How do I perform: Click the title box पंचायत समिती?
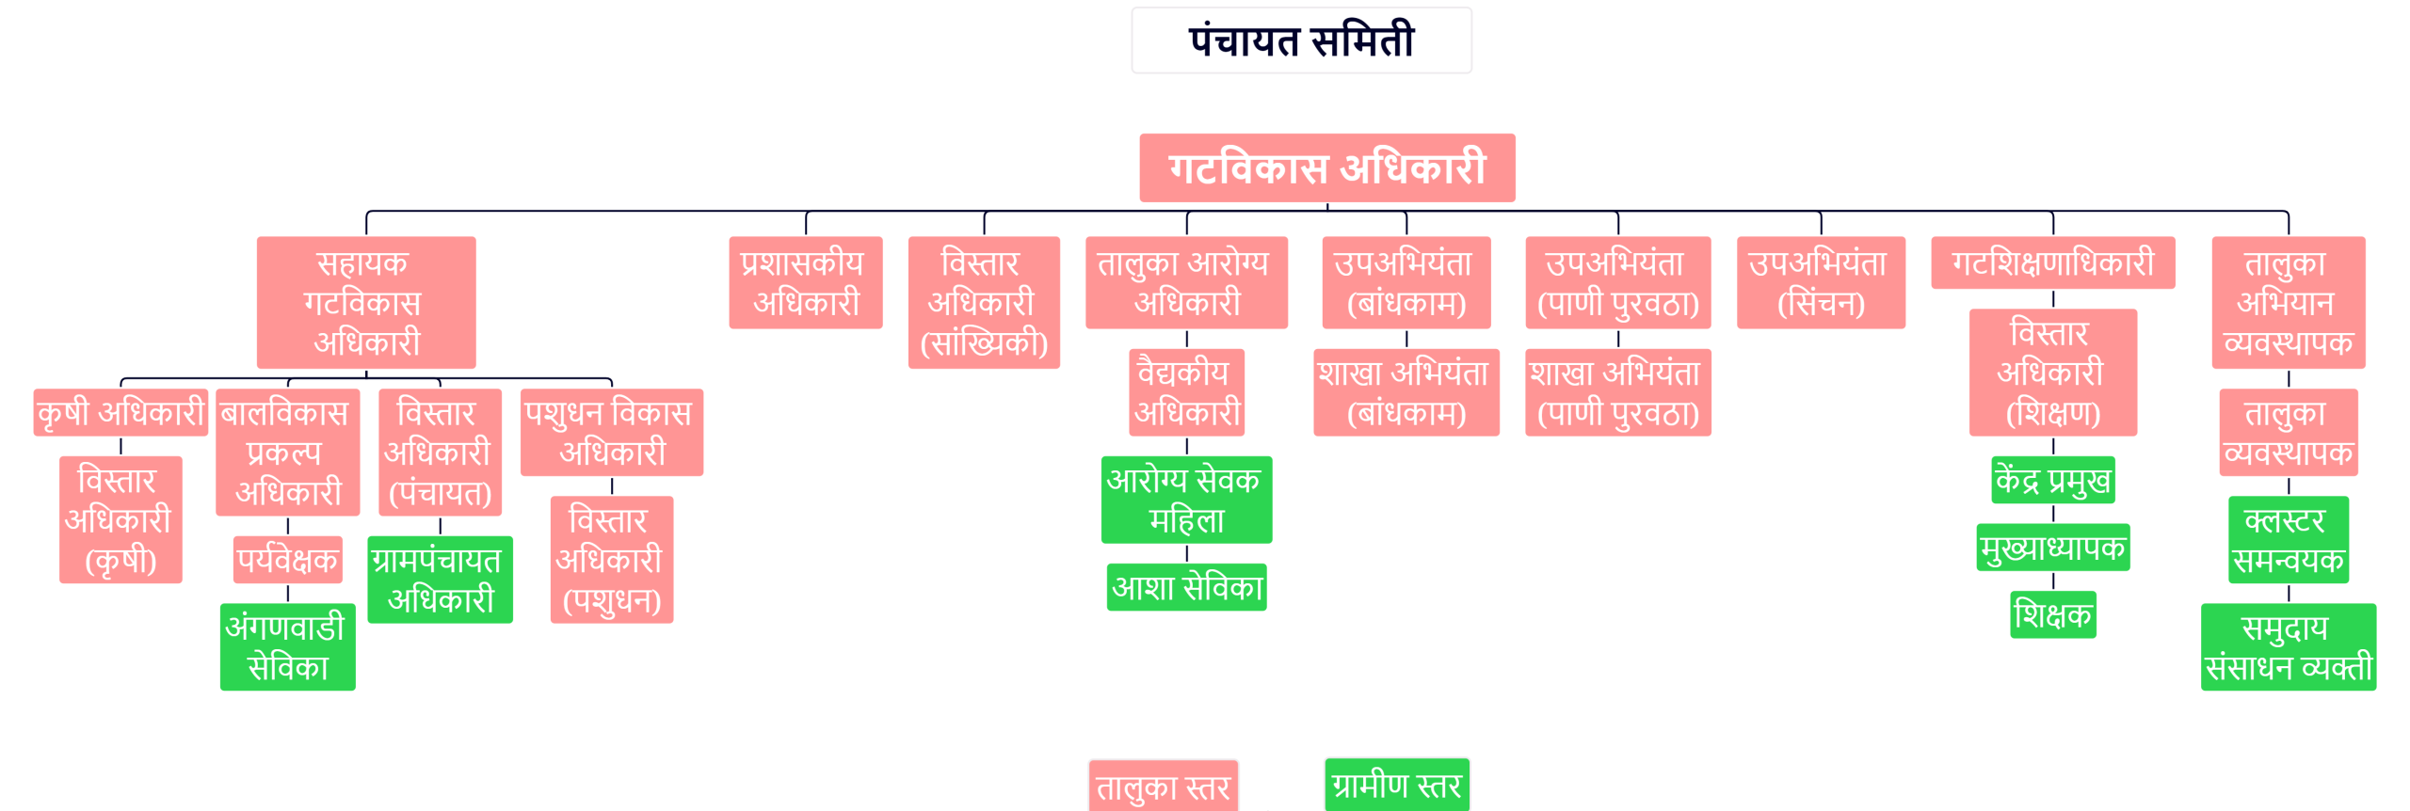(1301, 40)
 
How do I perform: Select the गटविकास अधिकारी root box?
(1326, 168)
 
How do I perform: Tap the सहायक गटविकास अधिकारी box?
(366, 302)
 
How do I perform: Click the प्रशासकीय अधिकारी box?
(806, 282)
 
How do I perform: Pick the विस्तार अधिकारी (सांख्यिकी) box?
(984, 302)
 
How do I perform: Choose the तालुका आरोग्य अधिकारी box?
(1186, 282)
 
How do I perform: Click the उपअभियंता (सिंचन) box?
(1821, 282)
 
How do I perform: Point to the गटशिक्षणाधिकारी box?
(2052, 262)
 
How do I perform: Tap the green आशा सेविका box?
(1186, 587)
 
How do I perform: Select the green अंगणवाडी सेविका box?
(288, 647)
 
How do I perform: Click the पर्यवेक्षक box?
(288, 560)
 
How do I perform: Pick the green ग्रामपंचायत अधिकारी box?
(440, 580)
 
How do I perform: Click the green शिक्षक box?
(2052, 615)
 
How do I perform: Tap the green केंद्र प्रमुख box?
(2052, 481)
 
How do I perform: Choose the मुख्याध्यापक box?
(2052, 548)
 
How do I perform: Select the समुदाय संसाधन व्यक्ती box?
(2288, 647)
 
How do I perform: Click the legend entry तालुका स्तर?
(1163, 787)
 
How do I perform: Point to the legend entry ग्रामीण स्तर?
(1396, 785)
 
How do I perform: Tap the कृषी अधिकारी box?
(120, 413)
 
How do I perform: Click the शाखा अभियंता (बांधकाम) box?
(1406, 392)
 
